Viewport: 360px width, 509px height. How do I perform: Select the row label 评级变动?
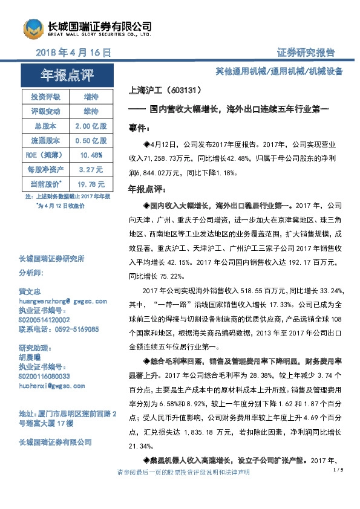click(x=46, y=111)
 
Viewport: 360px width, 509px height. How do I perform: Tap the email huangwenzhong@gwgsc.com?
click(x=63, y=300)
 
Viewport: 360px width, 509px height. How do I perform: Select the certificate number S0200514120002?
click(x=44, y=319)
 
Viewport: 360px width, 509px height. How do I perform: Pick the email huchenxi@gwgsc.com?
click(x=52, y=384)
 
